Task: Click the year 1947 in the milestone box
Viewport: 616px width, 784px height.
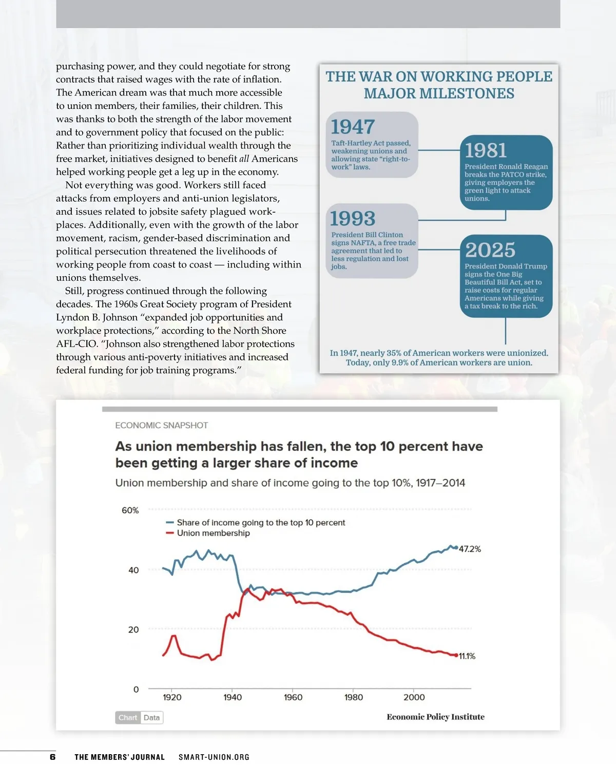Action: tap(353, 127)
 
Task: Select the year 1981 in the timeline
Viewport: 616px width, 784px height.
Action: tap(486, 150)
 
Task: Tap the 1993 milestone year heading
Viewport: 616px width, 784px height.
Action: tap(353, 219)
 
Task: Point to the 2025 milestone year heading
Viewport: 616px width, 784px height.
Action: tap(490, 250)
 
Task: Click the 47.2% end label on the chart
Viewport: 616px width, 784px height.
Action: tap(470, 549)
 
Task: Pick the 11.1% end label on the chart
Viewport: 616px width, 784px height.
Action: tap(467, 656)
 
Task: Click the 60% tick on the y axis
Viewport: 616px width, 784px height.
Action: tap(130, 510)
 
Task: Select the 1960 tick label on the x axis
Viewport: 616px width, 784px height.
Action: tap(293, 697)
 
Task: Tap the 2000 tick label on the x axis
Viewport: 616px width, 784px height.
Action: tap(414, 697)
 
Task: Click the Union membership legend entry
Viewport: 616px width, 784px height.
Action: tap(213, 533)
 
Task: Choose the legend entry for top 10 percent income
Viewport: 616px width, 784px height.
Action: tap(260, 523)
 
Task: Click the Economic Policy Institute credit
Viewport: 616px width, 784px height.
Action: tap(435, 717)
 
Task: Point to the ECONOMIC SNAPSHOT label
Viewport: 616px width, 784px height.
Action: tap(161, 426)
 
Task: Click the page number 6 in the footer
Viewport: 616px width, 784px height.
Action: tap(52, 757)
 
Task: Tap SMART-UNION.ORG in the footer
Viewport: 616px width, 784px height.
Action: tap(214, 757)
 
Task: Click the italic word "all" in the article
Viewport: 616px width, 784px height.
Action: tap(244, 159)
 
